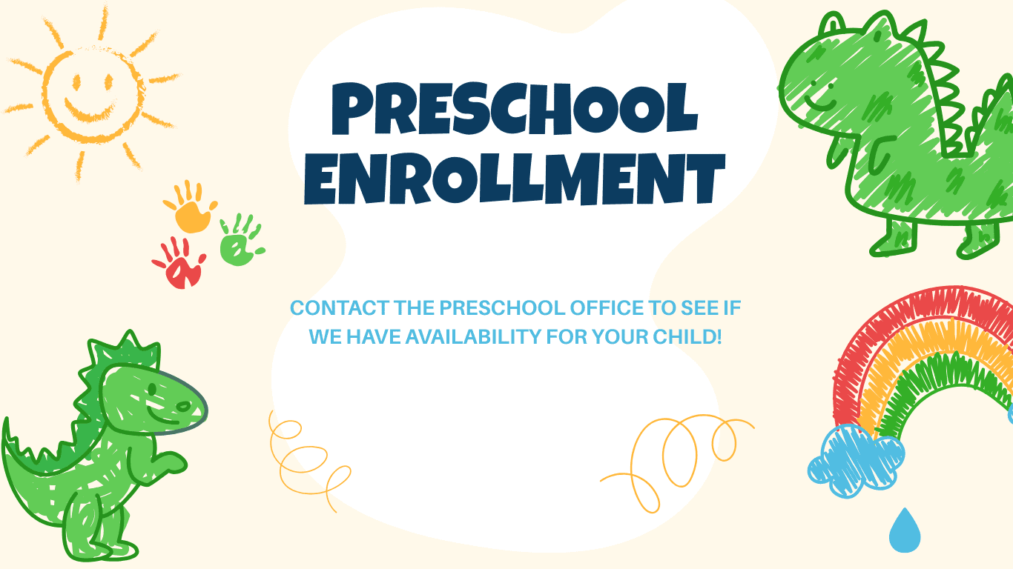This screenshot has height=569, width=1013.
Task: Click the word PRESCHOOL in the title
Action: [x=515, y=108]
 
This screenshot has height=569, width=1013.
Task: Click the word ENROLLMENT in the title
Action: [x=515, y=179]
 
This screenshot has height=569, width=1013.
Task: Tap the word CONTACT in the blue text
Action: [x=339, y=308]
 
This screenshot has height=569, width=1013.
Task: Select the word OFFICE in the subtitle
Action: [x=607, y=308]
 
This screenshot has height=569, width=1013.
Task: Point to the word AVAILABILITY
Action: [x=473, y=337]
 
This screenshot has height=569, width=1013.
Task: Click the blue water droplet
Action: [x=905, y=530]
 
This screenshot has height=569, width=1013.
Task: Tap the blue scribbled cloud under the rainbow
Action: [x=856, y=461]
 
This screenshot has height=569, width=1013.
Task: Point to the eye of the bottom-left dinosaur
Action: [x=153, y=389]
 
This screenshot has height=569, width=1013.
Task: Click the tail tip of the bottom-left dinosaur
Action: [x=5, y=422]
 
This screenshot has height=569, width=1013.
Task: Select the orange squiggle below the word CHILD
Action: [x=677, y=463]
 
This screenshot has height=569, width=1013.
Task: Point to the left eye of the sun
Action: [x=76, y=83]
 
